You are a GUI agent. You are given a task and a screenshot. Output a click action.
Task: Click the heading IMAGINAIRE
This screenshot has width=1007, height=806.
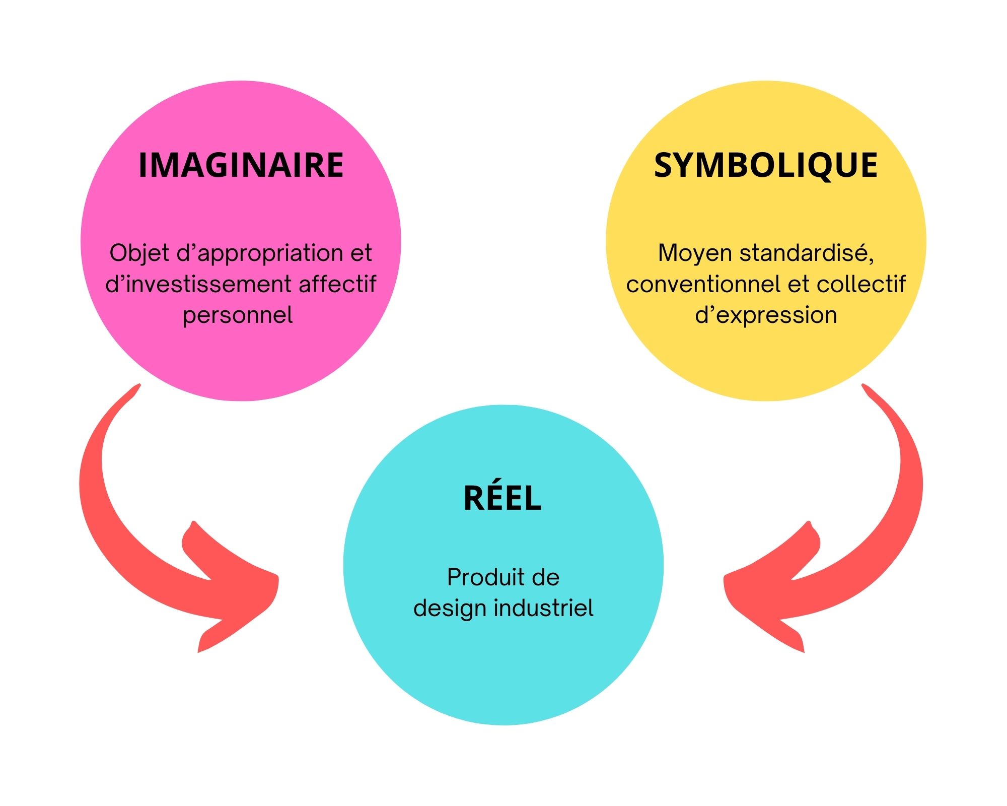(x=241, y=165)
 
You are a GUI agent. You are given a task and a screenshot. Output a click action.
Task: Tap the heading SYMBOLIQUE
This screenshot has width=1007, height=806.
(x=765, y=165)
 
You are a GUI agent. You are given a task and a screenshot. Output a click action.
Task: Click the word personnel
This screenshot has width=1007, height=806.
(x=238, y=315)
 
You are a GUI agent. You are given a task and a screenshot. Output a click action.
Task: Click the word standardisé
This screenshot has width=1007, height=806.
(x=807, y=253)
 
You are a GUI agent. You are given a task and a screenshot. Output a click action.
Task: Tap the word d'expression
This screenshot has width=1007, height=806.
(x=766, y=315)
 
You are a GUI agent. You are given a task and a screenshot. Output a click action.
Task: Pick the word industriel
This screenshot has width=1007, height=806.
(x=543, y=608)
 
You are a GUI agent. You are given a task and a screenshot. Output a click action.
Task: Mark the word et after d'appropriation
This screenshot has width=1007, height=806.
(x=361, y=253)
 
